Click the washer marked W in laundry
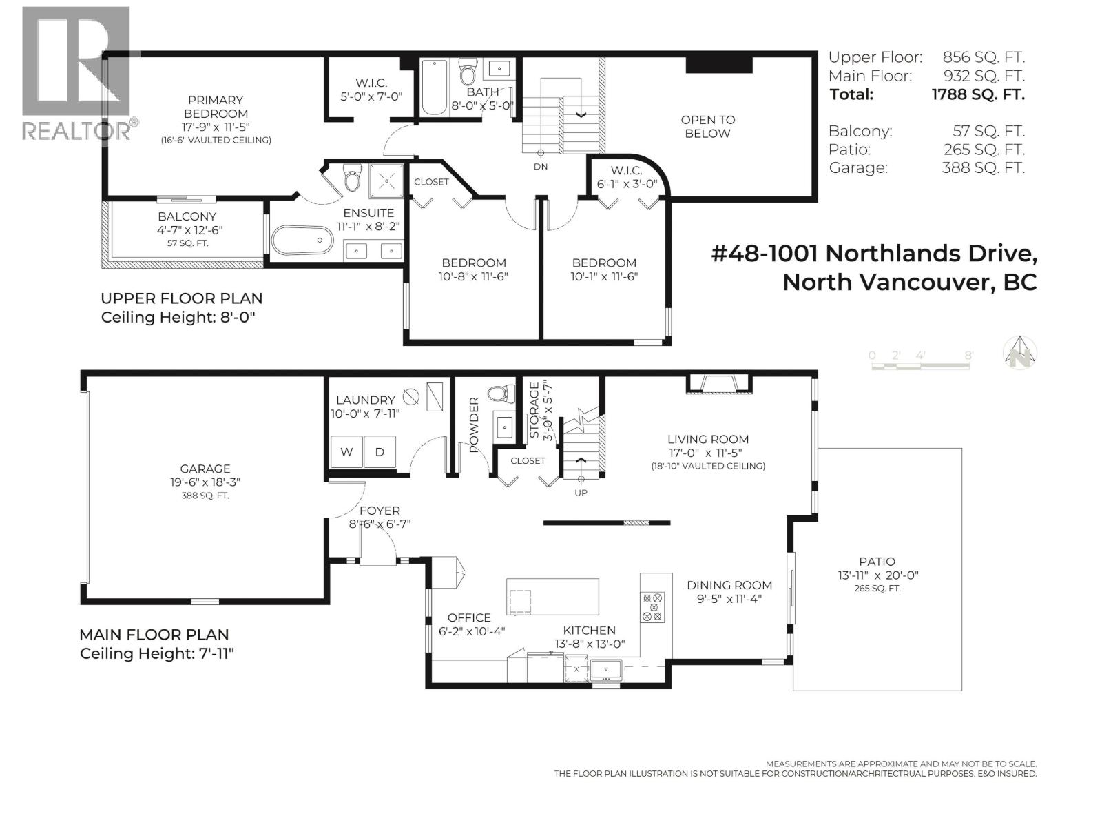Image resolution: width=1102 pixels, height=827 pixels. point(346,452)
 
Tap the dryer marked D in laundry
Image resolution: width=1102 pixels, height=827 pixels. point(380,452)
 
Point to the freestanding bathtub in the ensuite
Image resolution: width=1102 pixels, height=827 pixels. point(302,241)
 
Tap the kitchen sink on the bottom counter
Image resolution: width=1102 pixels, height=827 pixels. point(606,668)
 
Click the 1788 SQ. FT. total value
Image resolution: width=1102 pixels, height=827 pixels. point(977,94)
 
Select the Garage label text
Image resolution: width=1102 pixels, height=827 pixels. point(205,469)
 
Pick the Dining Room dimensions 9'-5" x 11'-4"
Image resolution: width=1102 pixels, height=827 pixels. point(729,599)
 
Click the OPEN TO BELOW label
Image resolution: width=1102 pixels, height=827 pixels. point(707,127)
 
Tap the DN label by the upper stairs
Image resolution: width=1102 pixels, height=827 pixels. point(541,167)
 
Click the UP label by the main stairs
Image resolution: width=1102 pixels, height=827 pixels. point(581,493)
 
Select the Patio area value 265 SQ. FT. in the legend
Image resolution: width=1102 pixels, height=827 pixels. point(983,150)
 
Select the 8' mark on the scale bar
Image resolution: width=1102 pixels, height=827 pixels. point(968,356)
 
